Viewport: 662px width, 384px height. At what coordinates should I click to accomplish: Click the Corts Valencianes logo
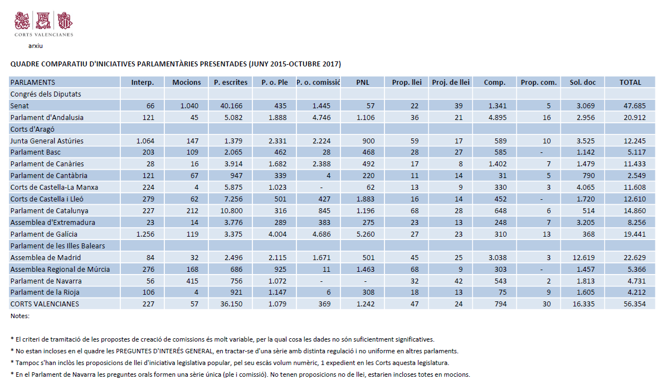coord(43,24)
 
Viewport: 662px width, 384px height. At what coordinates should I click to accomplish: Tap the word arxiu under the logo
coord(36,46)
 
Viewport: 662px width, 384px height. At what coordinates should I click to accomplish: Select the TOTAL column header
coord(630,83)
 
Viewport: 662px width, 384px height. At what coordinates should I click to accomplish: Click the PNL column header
coord(363,83)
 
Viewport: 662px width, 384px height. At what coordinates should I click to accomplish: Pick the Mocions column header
coord(187,83)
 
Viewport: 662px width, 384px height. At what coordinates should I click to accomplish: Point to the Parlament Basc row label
coord(36,152)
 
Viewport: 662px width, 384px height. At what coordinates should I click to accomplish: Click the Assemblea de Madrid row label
coord(46,257)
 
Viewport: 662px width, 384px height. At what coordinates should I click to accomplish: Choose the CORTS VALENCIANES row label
coord(45,304)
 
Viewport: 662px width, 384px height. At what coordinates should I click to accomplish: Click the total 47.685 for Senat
coord(635,105)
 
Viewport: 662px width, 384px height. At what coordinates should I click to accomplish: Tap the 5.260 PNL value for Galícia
coord(365,234)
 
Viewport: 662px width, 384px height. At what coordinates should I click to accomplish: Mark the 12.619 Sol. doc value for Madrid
coord(583,257)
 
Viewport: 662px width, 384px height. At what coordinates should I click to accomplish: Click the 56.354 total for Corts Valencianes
coord(635,304)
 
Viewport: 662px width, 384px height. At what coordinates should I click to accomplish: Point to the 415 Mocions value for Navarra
coord(192,281)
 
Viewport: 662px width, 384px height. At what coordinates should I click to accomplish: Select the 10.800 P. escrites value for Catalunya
coord(231,210)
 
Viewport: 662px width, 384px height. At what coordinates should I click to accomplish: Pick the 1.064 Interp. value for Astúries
coord(145,141)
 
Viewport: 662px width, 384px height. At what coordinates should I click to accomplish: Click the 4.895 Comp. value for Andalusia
coord(498,118)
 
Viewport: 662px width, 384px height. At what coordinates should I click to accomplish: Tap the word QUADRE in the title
coord(25,64)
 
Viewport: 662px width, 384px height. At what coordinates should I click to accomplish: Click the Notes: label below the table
coord(20,316)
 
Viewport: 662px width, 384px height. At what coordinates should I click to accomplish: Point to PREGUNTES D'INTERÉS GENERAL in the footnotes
coord(164,351)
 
